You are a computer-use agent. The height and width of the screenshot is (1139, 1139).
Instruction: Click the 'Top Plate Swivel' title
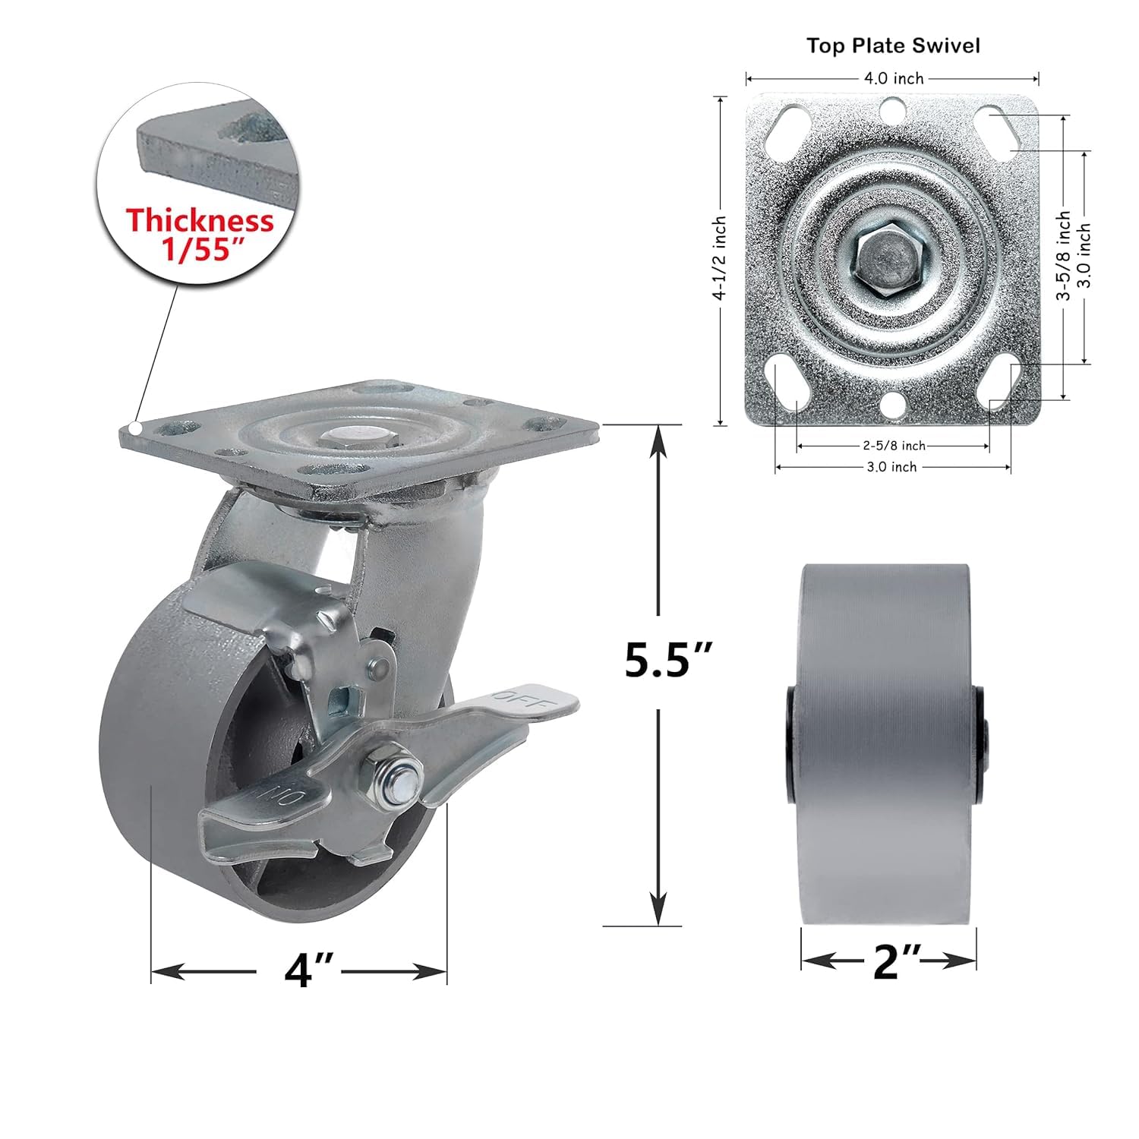click(x=892, y=46)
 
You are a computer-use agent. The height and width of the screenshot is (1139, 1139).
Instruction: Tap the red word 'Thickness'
click(x=200, y=221)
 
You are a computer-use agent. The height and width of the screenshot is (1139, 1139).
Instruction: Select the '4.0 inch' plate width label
click(x=893, y=78)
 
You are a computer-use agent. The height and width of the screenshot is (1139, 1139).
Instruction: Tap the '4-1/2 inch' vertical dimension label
click(x=720, y=258)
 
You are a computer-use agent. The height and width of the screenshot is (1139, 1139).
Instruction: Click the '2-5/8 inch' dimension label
click(x=893, y=446)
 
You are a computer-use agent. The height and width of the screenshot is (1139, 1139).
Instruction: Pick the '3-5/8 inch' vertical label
click(x=1065, y=257)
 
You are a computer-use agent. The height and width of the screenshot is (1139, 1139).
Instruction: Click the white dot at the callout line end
click(x=134, y=429)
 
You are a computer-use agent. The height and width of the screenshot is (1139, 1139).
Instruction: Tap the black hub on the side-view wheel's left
click(x=792, y=743)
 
